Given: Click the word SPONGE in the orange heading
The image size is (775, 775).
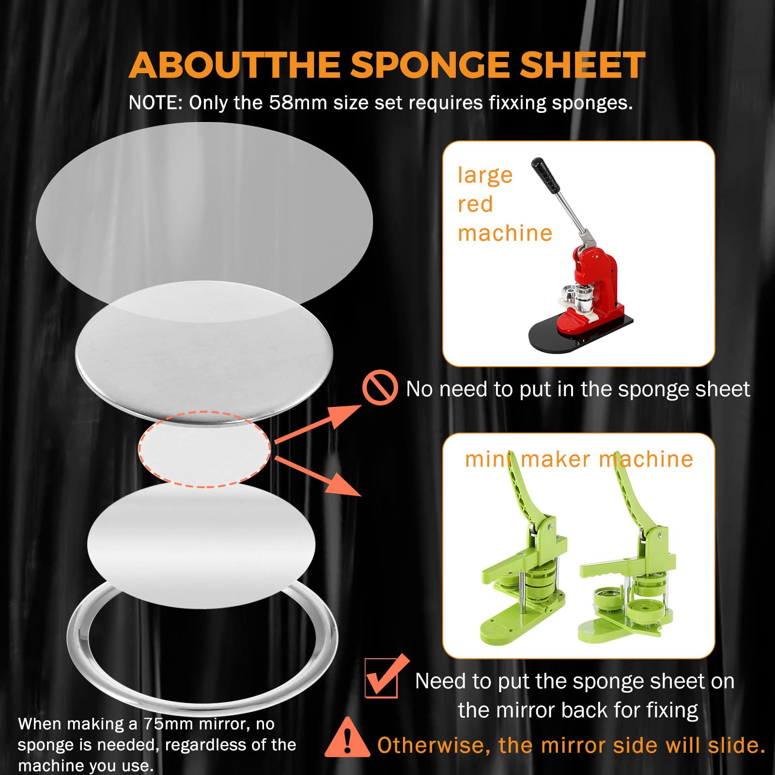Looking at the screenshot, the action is (430, 65).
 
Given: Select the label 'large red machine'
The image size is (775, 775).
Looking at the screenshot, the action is (505, 204).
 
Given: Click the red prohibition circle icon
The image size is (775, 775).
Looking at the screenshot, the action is (380, 387).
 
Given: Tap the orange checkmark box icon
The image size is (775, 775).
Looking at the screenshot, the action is (385, 677).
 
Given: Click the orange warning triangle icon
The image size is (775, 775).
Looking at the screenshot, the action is (347, 738).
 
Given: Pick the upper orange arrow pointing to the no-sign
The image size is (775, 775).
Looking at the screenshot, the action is (318, 423).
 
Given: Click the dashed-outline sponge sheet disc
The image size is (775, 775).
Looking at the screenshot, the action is (204, 449).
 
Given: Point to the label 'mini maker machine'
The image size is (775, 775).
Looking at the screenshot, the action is (579, 459).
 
